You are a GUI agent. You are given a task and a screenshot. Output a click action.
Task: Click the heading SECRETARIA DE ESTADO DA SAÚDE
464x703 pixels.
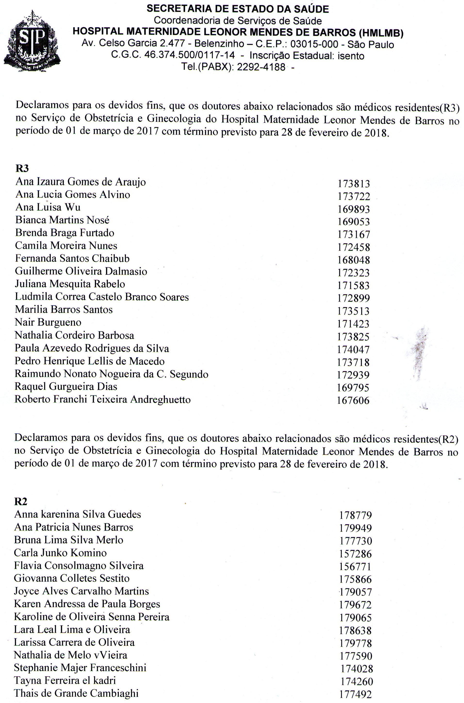coord(238,9)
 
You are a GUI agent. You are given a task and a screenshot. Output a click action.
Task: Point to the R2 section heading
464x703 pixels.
coord(21,501)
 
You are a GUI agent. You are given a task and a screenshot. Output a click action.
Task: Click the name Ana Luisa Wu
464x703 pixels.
coord(48,207)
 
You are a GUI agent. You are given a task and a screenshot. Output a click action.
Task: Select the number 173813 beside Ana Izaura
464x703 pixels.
coord(354,184)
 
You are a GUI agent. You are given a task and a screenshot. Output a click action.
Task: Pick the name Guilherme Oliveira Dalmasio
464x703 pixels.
coord(81,271)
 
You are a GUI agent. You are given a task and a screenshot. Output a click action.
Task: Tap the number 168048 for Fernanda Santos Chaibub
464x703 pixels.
coord(354,260)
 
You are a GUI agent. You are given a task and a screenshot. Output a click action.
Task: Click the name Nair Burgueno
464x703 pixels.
coord(48,322)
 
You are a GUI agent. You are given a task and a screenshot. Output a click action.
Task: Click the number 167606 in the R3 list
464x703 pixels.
coord(353,400)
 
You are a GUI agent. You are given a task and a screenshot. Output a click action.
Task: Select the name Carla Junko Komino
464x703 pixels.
coord(60,553)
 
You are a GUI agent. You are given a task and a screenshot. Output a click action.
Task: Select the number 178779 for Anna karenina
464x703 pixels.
coord(355,515)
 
